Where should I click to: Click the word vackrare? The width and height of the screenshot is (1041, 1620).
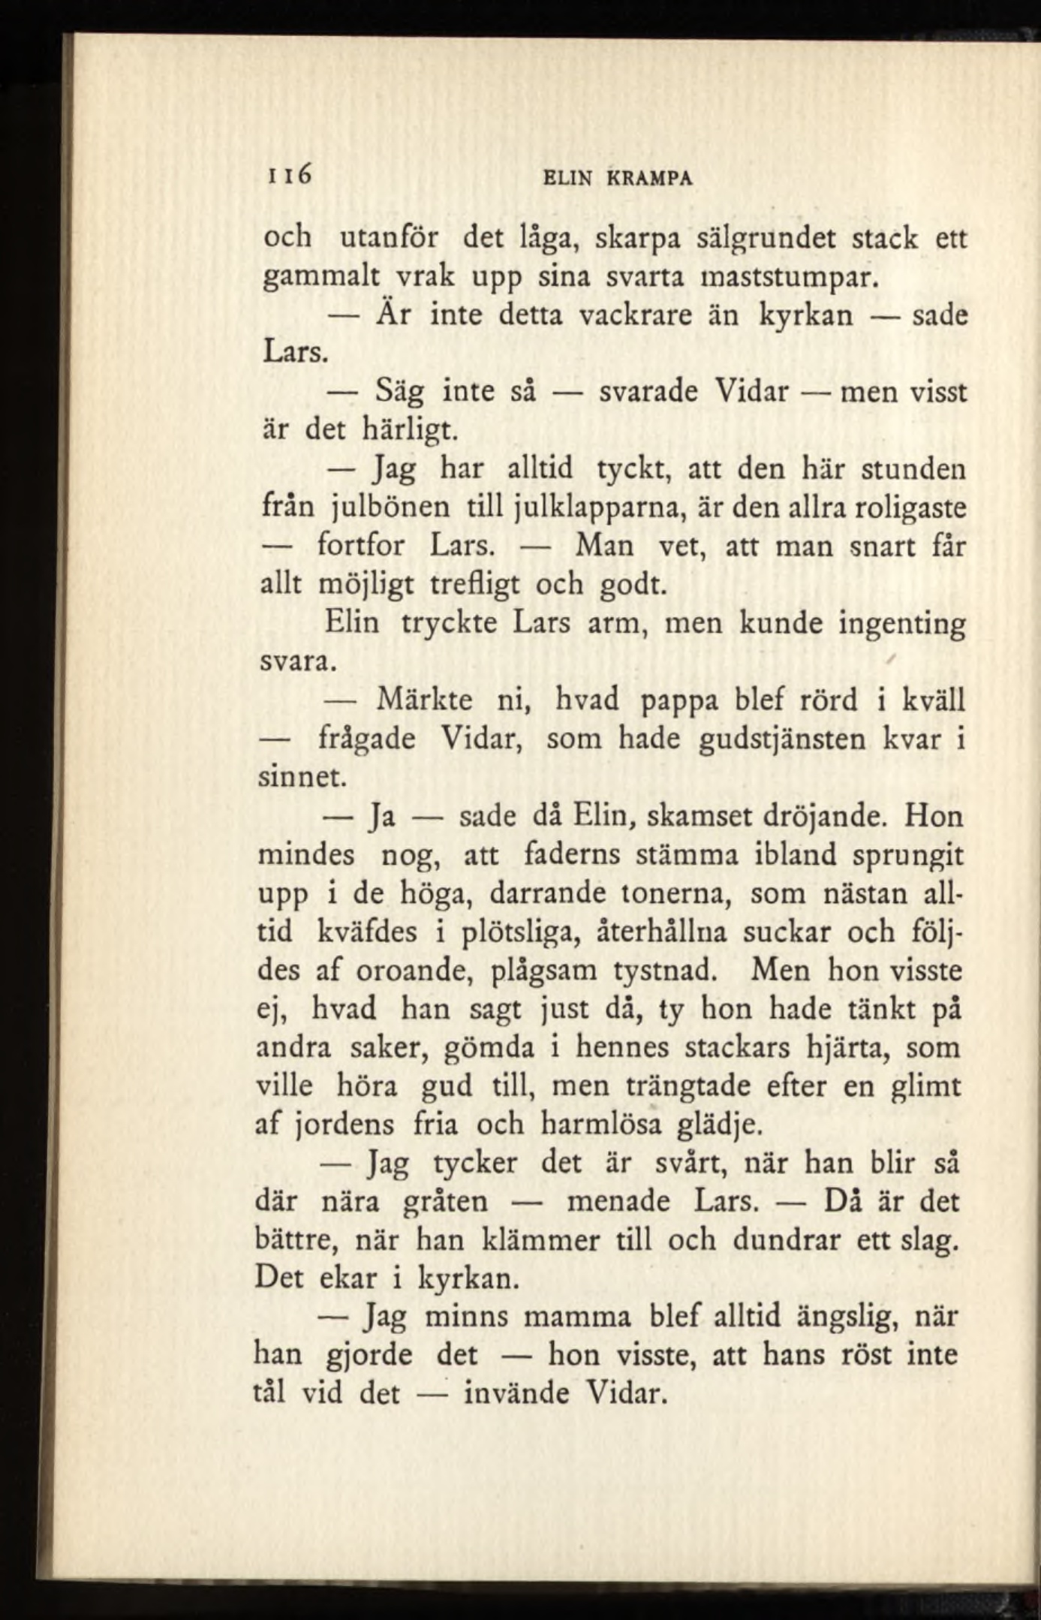pyautogui.click(x=636, y=315)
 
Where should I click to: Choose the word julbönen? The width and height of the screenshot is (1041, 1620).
pyautogui.click(x=391, y=507)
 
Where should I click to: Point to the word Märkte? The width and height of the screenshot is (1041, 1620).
pyautogui.click(x=424, y=700)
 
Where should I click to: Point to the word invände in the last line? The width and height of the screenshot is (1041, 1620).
pyautogui.click(x=518, y=1394)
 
